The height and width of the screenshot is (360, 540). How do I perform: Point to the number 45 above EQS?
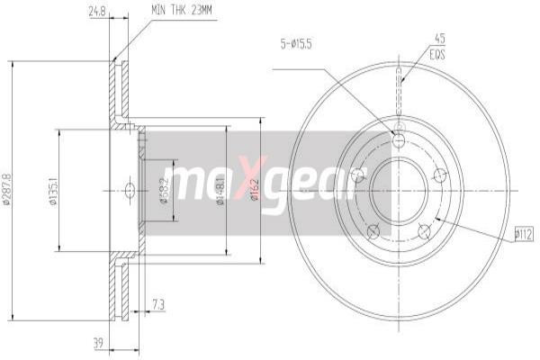440,38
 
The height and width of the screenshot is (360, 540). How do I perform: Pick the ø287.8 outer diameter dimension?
9,190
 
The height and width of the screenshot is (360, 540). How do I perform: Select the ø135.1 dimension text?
54,191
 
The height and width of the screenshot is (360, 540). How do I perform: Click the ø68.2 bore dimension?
165,190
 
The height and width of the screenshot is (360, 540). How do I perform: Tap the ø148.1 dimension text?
221,190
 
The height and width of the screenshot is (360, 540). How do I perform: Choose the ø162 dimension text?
256,190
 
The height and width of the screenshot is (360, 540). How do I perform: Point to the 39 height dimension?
98,343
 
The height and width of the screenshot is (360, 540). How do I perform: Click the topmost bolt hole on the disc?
399,139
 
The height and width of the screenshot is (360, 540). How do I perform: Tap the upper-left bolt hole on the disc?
357,175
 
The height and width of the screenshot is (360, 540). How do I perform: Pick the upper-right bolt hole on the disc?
440,175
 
